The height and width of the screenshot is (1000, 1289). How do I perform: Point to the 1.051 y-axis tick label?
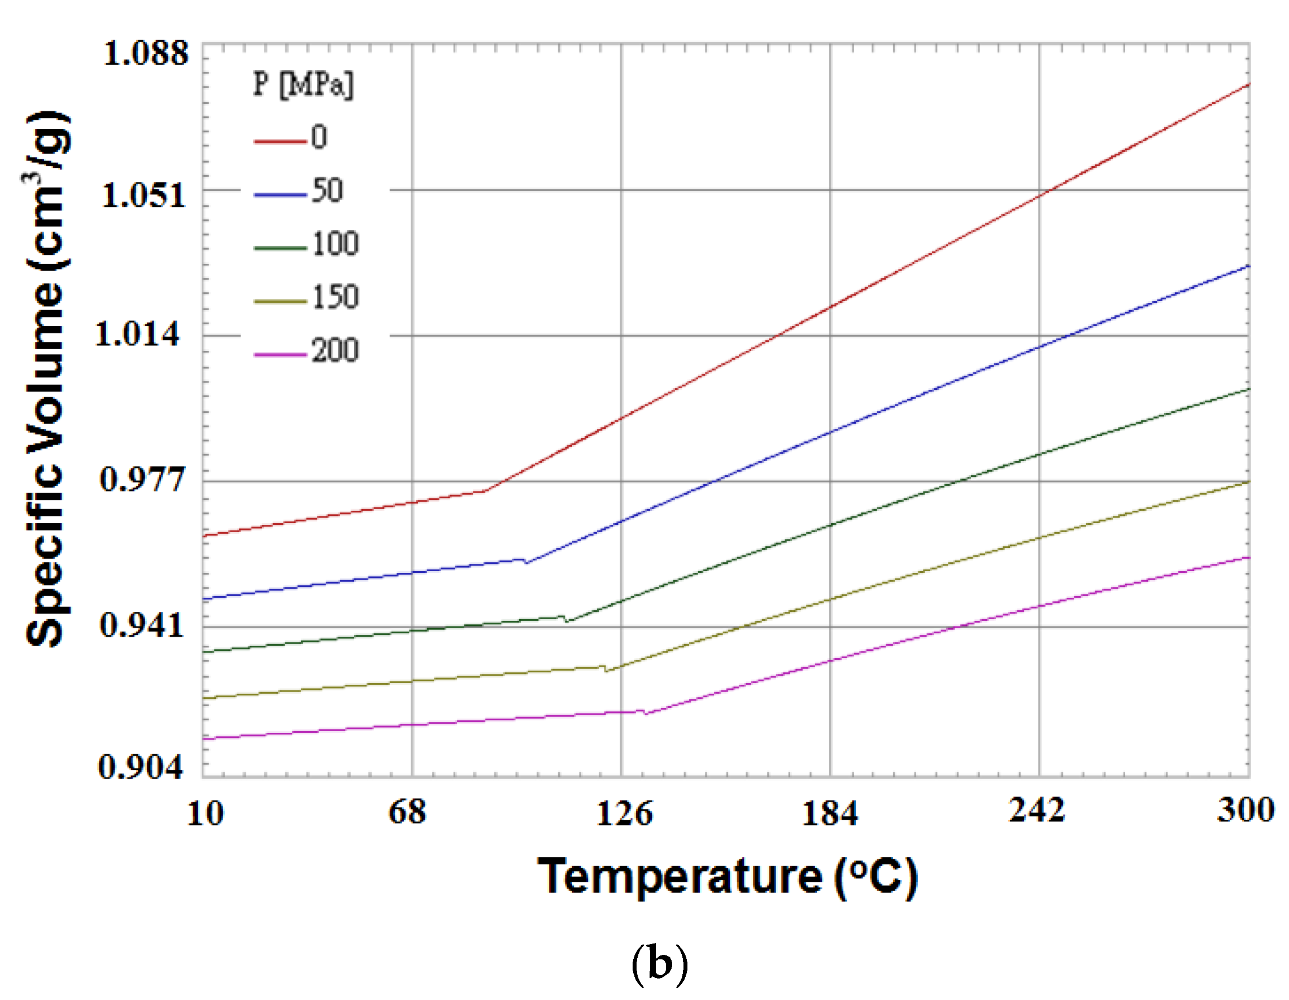[x=144, y=195]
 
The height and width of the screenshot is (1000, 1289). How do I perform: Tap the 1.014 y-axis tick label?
[x=137, y=334]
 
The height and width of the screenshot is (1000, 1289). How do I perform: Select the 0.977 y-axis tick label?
[x=142, y=479]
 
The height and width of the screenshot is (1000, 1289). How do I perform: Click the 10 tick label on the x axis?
[x=205, y=814]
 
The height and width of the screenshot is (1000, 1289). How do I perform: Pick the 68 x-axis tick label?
[x=407, y=812]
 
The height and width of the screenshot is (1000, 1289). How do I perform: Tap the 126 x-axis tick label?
[x=624, y=814]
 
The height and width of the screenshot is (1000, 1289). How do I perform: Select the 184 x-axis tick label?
[x=829, y=814]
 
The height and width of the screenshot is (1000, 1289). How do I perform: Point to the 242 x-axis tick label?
[x=1037, y=810]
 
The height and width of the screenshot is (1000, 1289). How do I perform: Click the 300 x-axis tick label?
[x=1246, y=810]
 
